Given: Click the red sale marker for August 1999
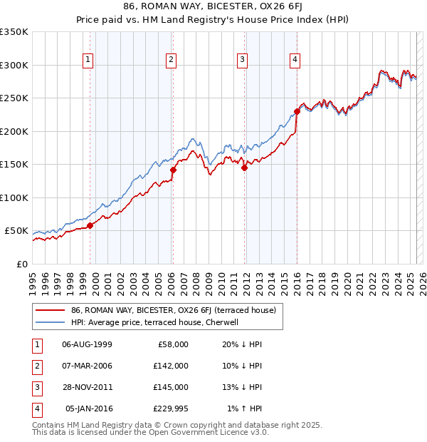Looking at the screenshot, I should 90,226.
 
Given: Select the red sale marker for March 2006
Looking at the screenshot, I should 173,170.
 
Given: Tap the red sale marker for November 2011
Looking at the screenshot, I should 244,168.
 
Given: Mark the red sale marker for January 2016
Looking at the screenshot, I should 297,111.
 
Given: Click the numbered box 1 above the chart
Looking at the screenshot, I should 88,61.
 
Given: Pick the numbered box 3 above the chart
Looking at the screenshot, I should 242,61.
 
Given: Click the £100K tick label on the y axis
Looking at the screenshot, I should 14,197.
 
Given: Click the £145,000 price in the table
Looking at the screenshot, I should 171,387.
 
